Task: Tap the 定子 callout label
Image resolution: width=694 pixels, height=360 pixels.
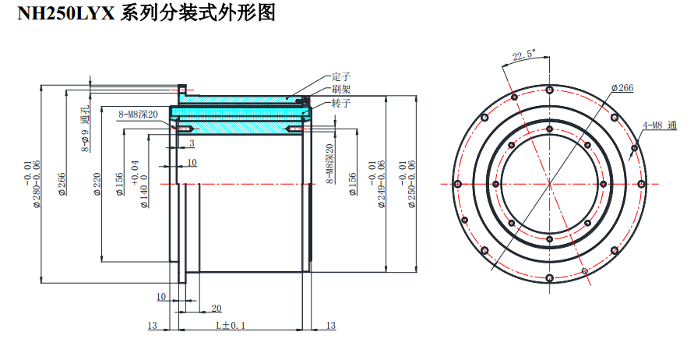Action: click(341, 76)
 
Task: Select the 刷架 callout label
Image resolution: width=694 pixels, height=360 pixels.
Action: click(341, 89)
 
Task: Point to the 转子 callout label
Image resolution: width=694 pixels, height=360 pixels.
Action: click(341, 103)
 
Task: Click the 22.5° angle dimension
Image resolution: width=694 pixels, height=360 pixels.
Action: click(523, 55)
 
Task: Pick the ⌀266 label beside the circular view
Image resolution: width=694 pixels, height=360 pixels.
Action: click(622, 88)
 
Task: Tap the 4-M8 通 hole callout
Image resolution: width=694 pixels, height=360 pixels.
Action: click(661, 125)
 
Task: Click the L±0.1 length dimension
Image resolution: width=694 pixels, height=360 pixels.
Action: click(231, 326)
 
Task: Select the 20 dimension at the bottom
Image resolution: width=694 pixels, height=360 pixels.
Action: click(216, 309)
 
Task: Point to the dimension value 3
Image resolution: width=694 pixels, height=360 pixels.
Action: click(192, 143)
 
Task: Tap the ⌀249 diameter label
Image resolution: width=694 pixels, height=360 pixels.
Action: click(382, 187)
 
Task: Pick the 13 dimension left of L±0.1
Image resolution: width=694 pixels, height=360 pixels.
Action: click(152, 326)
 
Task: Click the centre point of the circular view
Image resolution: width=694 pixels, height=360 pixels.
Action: click(549, 184)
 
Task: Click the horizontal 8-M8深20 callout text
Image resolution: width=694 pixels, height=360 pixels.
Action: click(138, 114)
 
